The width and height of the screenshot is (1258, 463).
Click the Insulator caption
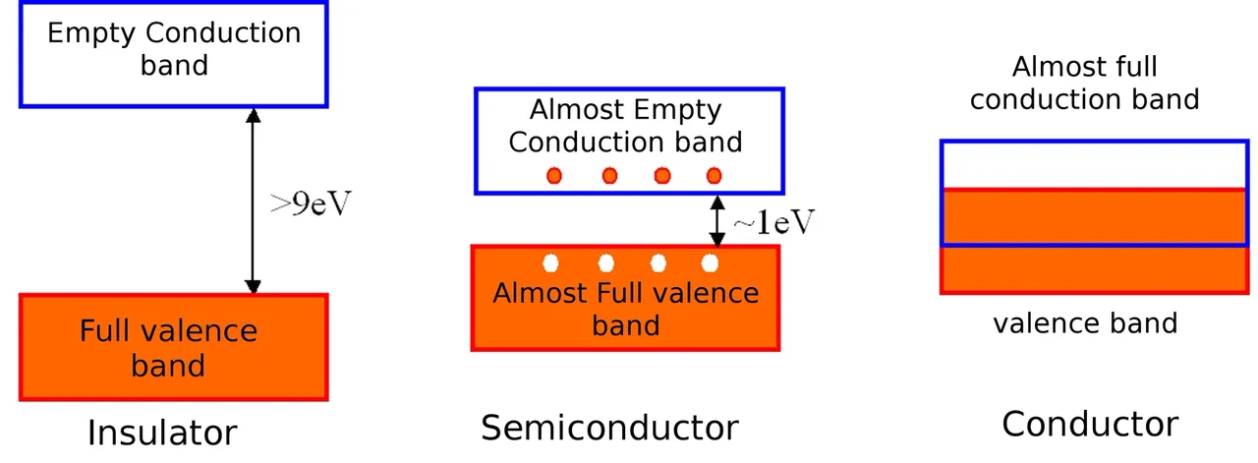point(162,433)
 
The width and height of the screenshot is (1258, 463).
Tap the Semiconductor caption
point(609,428)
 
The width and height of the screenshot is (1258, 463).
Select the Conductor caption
point(1090,424)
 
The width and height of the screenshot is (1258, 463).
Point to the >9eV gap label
point(311,203)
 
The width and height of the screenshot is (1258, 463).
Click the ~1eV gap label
point(773,222)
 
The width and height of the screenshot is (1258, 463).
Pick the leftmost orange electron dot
point(554,176)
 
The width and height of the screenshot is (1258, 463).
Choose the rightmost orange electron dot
point(714,176)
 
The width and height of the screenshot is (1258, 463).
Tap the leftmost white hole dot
point(551,263)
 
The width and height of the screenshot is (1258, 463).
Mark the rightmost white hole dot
point(710,263)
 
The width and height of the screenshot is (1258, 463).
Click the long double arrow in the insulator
point(253,201)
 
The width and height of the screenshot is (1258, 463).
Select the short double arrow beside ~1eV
point(717,221)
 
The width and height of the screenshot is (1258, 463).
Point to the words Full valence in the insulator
point(168,330)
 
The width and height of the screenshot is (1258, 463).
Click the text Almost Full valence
point(626,293)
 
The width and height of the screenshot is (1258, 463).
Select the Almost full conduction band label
point(1085,84)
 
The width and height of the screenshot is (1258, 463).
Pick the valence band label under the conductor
point(1085,323)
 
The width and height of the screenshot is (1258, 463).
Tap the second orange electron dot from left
point(610,176)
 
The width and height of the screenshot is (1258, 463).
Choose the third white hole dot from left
point(658,263)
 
